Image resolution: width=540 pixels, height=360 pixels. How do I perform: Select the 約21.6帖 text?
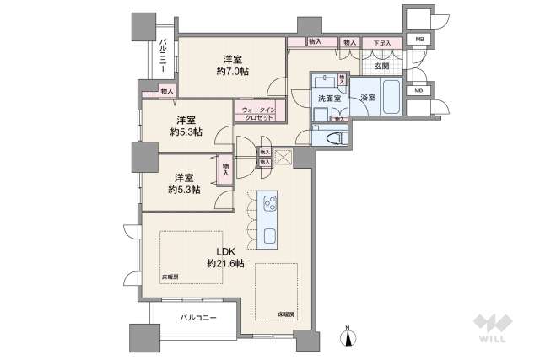(x=225, y=264)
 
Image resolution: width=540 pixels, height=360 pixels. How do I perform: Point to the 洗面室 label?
(x=328, y=99)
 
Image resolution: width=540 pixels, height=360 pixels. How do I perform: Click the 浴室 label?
(x=368, y=99)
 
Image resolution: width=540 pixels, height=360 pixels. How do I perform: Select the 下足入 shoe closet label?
(x=381, y=41)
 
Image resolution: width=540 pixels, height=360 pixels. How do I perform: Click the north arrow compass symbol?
(x=347, y=337)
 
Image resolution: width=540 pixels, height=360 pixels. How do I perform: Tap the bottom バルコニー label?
(x=198, y=318)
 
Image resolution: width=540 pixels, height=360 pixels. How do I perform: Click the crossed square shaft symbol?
(x=283, y=155)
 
